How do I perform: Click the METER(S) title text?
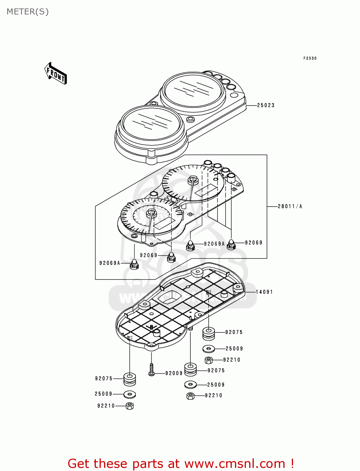pyautogui.click(x=28, y=12)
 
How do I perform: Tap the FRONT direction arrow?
pyautogui.click(x=56, y=73)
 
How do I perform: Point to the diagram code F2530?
pyautogui.click(x=310, y=58)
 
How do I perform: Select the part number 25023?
pyautogui.click(x=266, y=106)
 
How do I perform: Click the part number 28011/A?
pyautogui.click(x=290, y=206)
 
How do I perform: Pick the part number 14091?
pyautogui.click(x=264, y=292)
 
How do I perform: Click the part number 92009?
pyautogui.click(x=174, y=373)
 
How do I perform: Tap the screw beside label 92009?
pyautogui.click(x=151, y=370)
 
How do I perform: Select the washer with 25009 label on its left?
pyautogui.click(x=130, y=394)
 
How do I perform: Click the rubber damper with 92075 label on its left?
pyautogui.click(x=129, y=379)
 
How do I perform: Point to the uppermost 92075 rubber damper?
pyautogui.click(x=208, y=333)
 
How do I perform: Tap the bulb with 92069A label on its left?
pyautogui.click(x=134, y=264)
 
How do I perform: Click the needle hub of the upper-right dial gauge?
pyautogui.click(x=193, y=180)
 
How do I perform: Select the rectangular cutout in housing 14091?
pyautogui.click(x=170, y=296)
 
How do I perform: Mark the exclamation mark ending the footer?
pyautogui.click(x=292, y=463)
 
